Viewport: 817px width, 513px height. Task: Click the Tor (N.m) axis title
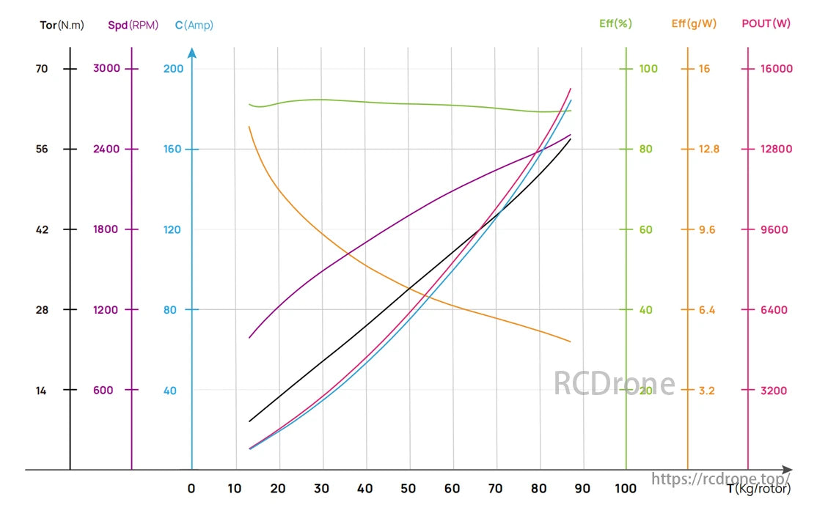62,24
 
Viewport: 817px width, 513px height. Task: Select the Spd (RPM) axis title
133,24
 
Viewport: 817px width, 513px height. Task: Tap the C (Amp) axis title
194,25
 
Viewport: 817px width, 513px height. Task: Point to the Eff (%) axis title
615,23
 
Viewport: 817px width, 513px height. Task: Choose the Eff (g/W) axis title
693,23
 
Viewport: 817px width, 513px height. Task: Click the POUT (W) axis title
766,23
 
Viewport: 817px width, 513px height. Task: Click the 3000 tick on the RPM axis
106,69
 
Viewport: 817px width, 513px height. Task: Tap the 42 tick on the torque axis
41,229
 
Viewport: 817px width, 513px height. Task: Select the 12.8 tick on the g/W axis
709,150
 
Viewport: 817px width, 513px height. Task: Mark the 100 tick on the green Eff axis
648,69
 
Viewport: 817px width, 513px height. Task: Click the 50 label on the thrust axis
408,489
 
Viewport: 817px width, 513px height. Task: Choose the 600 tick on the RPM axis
103,391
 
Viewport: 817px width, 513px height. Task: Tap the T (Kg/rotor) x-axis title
758,489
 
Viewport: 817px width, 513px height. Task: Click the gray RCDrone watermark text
614,383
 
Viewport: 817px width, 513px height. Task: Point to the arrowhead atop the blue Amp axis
192,53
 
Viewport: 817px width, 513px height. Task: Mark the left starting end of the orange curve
249,127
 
